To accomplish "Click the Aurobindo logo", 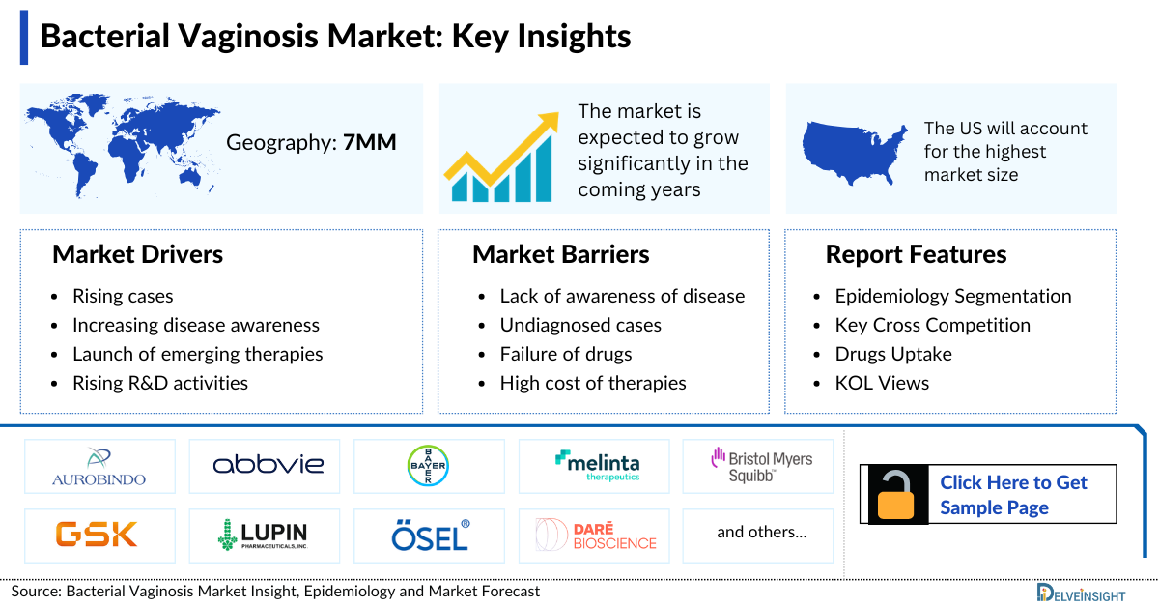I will pos(99,467).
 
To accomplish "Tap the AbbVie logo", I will pos(269,466).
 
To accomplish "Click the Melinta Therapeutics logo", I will pos(597,466).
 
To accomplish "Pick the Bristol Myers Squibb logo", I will pos(761,465).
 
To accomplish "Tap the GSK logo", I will pos(97,534).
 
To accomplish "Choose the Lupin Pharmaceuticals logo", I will pos(263,534).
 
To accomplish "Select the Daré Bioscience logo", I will pos(596,534).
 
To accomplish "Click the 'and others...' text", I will pos(761,532).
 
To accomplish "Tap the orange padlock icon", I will pos(897,495).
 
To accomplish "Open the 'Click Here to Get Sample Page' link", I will pos(1013,495).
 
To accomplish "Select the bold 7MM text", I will pos(370,143).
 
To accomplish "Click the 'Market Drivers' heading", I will pos(138,254).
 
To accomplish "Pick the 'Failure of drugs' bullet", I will pos(566,354).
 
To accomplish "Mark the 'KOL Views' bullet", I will pos(882,383).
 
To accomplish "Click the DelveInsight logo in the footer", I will pos(1091,591).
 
